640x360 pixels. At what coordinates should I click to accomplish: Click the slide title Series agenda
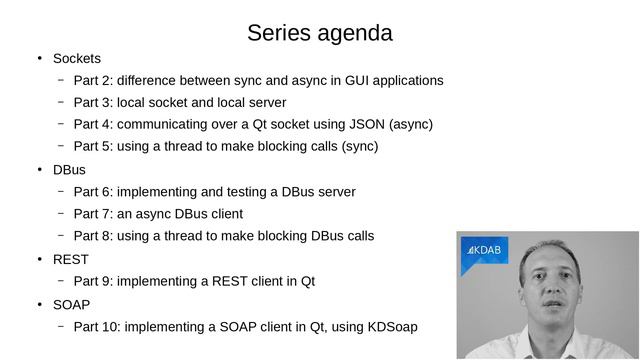[319, 33]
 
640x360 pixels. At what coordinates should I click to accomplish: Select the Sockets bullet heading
[76, 58]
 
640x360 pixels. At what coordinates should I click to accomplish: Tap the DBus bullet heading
[69, 170]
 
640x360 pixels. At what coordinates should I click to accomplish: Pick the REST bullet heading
[70, 259]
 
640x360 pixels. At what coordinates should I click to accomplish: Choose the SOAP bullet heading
[71, 304]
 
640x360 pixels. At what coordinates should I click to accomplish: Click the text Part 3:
[93, 103]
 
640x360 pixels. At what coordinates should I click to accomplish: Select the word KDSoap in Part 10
[392, 327]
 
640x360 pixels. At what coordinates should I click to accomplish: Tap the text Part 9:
[93, 281]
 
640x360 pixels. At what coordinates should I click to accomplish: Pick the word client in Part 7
[223, 214]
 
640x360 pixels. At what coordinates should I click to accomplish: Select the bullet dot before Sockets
[39, 58]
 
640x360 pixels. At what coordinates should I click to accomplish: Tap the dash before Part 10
[60, 327]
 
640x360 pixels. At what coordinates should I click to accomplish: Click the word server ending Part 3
[266, 103]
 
